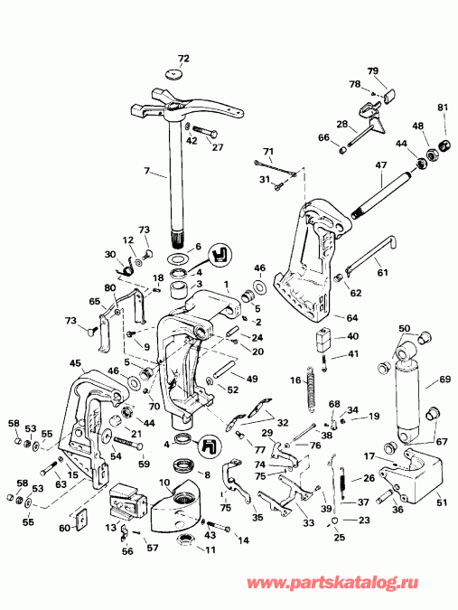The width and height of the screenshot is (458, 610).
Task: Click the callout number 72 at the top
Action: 183,59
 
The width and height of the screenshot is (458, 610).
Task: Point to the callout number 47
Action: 380,166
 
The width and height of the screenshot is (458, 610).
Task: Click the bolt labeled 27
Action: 204,136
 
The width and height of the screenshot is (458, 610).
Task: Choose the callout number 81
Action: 442,109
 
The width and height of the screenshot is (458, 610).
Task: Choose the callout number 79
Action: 372,70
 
